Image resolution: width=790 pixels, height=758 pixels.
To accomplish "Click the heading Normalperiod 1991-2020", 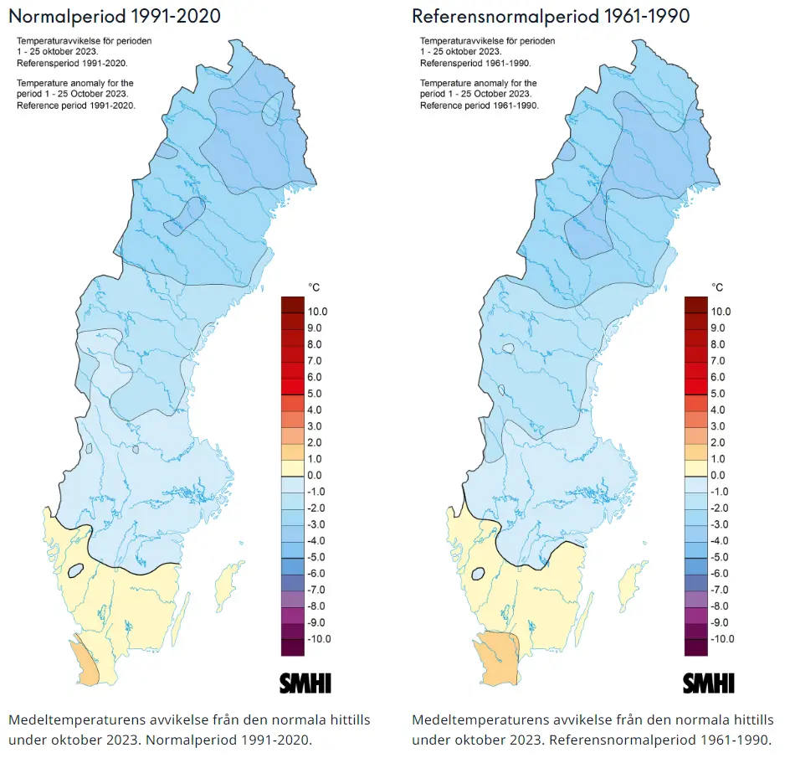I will (115, 16).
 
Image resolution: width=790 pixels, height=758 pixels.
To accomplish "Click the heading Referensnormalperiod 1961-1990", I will (551, 16).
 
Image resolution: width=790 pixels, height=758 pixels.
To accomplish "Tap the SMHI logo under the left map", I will (305, 683).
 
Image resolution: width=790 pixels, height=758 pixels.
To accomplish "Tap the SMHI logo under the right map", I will (709, 683).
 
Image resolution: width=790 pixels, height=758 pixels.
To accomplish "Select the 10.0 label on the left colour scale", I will (318, 312).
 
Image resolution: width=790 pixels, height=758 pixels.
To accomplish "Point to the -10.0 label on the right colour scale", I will (720, 639).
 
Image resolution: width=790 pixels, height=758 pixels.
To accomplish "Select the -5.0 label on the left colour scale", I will (316, 557).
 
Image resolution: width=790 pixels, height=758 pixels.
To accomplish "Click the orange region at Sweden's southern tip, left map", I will (85, 658).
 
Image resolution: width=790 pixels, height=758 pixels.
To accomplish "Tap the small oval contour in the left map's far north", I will (271, 110).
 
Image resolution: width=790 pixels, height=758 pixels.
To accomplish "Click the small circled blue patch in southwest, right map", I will (480, 574).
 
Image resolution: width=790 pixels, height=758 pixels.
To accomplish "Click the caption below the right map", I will (592, 730).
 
